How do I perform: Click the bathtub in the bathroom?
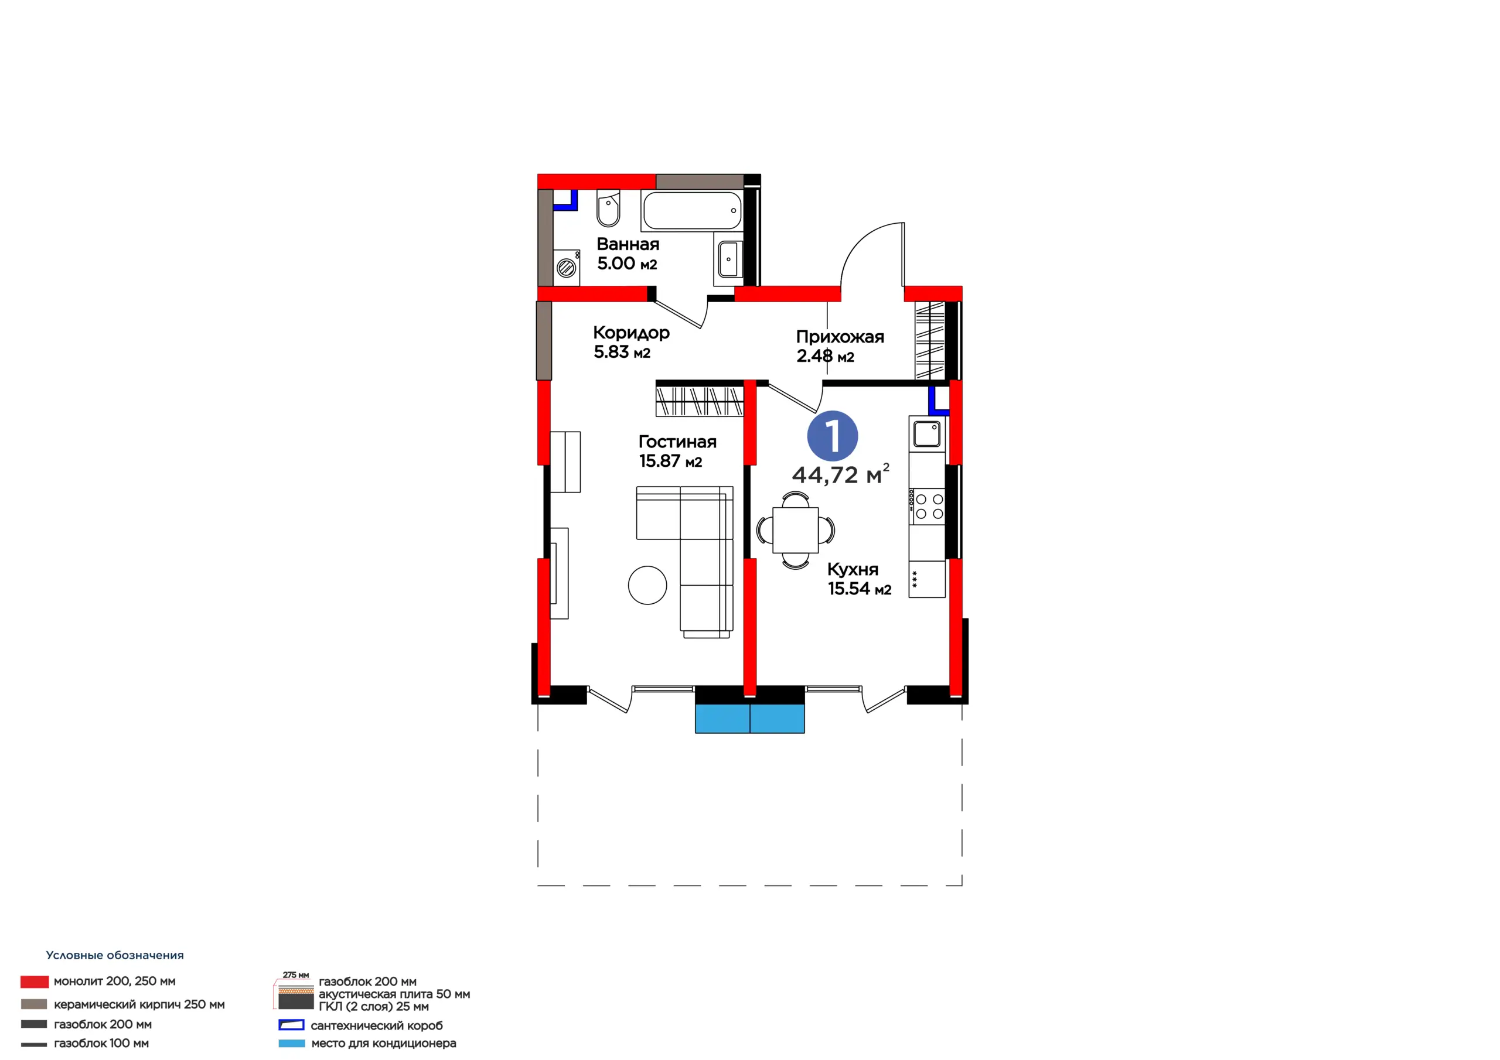(692, 210)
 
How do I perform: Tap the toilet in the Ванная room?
(608, 208)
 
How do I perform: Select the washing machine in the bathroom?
(567, 267)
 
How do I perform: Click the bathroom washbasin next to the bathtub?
(728, 259)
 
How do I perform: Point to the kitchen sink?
(926, 434)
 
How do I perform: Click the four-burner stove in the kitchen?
(927, 507)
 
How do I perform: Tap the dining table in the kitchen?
(795, 529)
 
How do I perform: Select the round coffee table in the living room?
(647, 584)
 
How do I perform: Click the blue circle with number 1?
(832, 436)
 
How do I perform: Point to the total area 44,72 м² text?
(841, 474)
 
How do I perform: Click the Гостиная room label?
(677, 442)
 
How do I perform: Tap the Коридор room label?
(631, 333)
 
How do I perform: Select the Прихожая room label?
(840, 337)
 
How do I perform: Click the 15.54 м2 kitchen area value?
(860, 589)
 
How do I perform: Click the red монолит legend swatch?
(35, 982)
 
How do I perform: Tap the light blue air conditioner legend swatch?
(291, 1044)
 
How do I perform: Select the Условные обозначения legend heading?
(115, 956)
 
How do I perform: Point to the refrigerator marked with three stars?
(927, 579)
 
